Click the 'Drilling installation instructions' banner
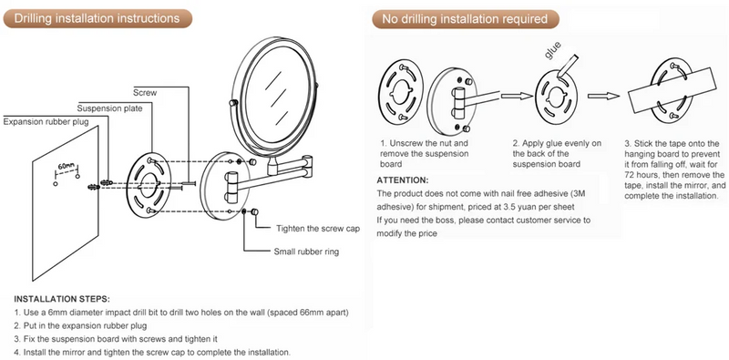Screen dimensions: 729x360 click(x=98, y=18)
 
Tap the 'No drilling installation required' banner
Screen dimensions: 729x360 click(x=465, y=19)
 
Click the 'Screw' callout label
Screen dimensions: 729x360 click(x=145, y=93)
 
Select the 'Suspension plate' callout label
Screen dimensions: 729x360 click(x=109, y=108)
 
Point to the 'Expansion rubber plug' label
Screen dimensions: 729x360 click(x=46, y=122)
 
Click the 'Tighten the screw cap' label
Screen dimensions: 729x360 click(x=318, y=229)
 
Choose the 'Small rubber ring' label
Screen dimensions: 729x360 click(x=306, y=252)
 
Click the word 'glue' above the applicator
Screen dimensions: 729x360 click(x=552, y=50)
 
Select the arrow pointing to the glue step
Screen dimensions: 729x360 click(x=516, y=96)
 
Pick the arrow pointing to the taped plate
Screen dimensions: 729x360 click(x=603, y=96)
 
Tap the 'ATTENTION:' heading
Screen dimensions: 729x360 click(x=403, y=180)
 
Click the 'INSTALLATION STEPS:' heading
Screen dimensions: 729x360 click(x=62, y=299)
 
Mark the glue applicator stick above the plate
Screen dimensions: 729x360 click(x=567, y=65)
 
